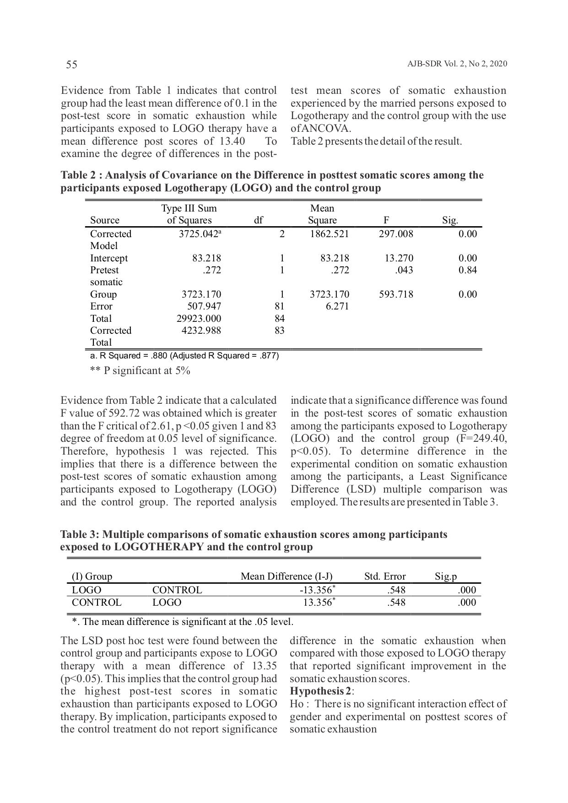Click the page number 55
pos(72,65)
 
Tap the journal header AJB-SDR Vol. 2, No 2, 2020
pos(457,64)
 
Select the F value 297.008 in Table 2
pos(396,234)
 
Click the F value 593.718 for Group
pos(396,294)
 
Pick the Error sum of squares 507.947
pos(204,306)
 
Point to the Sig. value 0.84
pos(467,270)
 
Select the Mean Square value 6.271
pos(337,306)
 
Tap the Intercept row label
pos(109,258)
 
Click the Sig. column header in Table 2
pos(450,221)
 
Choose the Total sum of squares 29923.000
pos(199,319)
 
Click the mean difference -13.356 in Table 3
pos(316,590)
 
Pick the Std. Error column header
pos(385,576)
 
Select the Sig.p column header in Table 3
pos(446,576)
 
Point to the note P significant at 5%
pos(140,370)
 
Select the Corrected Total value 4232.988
pos(201,331)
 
